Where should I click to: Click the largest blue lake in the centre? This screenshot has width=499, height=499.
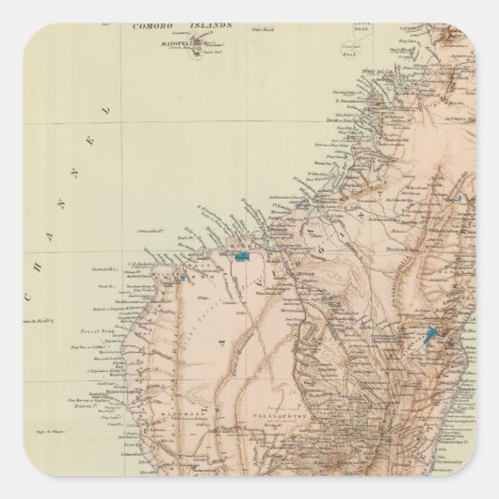245,255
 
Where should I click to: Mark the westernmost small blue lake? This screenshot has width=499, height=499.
180,278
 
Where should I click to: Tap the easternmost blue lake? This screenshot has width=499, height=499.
434,333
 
